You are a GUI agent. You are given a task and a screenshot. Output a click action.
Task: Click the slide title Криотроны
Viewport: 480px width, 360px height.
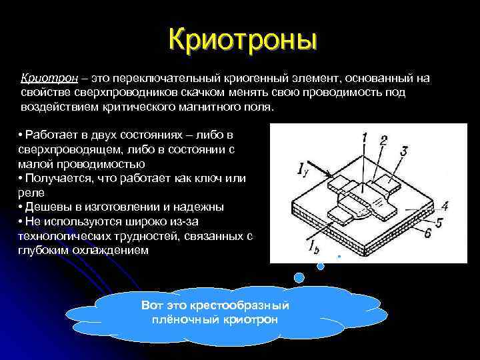click(x=242, y=38)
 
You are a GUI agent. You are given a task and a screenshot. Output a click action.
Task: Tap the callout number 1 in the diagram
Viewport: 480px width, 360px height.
click(x=365, y=138)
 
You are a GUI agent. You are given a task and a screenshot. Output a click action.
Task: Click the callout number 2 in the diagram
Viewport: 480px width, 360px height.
click(x=385, y=140)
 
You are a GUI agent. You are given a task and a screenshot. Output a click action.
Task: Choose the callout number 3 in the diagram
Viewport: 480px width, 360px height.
click(x=405, y=152)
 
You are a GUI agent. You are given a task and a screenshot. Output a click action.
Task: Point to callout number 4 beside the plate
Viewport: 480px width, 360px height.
click(x=444, y=206)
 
